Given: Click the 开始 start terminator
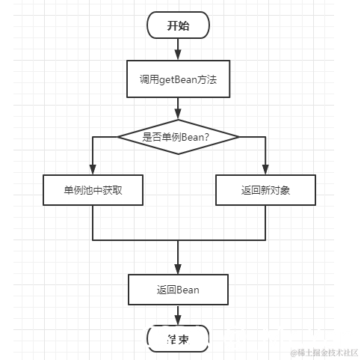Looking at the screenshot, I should point(178,25).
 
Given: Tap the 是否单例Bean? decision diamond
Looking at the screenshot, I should point(178,136).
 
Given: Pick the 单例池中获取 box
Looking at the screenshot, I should point(92,190).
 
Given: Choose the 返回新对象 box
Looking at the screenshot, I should point(265,190).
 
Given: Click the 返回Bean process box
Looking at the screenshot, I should point(178,289).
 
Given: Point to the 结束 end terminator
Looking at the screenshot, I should point(178,338).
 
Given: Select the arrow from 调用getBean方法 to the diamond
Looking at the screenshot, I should point(178,108).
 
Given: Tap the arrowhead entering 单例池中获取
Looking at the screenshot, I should point(92,170).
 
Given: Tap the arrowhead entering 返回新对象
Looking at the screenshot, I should point(265,170).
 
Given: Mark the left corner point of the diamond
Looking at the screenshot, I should point(117,136).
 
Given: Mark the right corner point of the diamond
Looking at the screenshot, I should point(239,136).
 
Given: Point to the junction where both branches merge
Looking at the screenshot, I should point(178,241).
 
